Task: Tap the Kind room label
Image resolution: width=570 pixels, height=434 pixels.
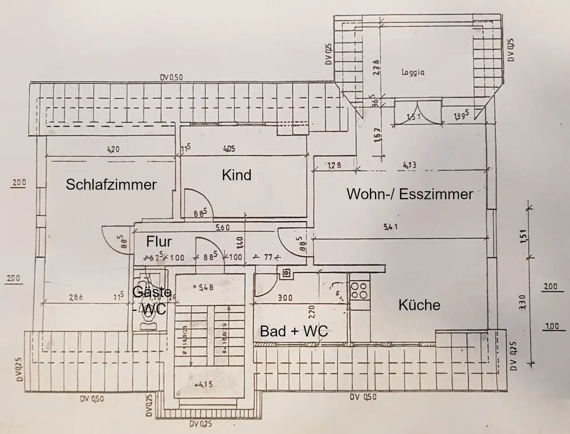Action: (x=237, y=175)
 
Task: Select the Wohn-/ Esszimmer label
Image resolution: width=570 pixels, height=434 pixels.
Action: (x=410, y=194)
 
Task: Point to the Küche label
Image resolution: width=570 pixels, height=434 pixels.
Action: (x=420, y=305)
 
